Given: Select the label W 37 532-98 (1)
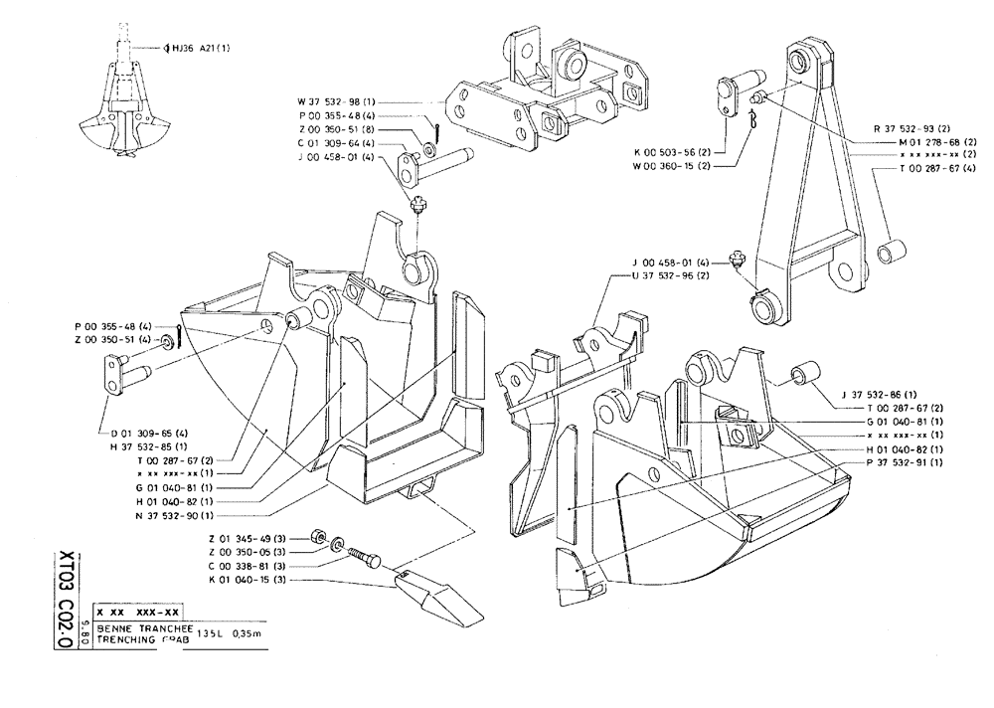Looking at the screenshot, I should [336, 101].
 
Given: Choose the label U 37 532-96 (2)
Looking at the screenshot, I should [673, 275].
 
